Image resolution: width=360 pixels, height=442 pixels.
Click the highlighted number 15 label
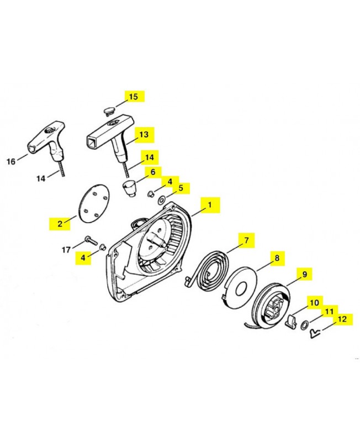(134, 96)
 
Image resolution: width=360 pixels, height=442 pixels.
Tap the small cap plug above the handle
(109, 111)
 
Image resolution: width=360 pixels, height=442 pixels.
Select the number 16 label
(11, 161)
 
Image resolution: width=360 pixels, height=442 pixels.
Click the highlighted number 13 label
(144, 134)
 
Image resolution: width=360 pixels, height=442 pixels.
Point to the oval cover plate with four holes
(93, 204)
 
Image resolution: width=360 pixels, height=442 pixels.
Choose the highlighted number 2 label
(60, 224)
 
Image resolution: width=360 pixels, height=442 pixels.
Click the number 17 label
(66, 250)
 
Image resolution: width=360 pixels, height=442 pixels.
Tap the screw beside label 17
(91, 240)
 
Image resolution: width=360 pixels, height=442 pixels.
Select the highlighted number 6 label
(153, 172)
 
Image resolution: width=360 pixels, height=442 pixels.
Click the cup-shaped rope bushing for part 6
(129, 189)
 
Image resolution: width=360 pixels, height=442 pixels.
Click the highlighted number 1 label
(210, 205)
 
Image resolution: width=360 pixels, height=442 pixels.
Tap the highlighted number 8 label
(277, 258)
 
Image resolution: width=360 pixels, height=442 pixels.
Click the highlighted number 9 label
(304, 274)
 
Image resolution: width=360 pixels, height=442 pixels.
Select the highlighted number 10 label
(315, 303)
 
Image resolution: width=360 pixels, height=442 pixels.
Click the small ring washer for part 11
(304, 325)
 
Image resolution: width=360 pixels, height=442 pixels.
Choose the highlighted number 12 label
(342, 319)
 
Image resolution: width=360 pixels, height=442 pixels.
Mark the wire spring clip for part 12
(315, 334)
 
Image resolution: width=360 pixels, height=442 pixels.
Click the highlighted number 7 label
(246, 240)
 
